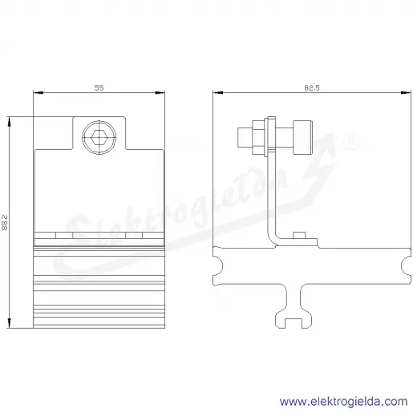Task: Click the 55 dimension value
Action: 99,87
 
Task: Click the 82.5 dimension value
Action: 312,87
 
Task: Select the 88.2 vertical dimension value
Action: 5,222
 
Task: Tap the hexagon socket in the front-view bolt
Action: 99,138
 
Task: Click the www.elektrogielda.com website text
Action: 344,401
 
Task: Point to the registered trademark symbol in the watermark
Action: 351,142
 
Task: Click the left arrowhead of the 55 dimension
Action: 38,93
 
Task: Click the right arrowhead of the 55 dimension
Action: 160,93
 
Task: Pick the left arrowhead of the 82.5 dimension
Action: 218,93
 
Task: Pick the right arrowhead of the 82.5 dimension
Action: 406,93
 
